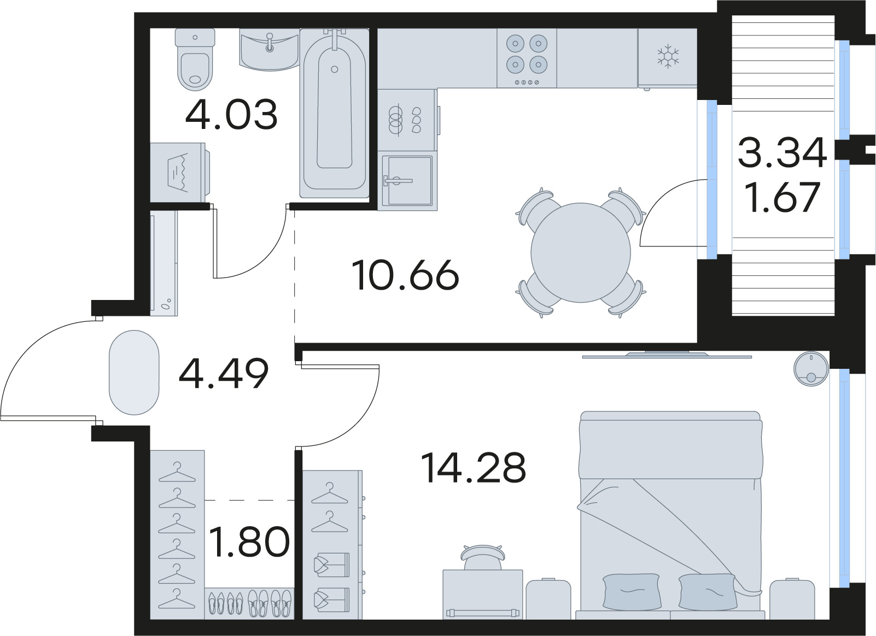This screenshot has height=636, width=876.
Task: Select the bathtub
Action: click(x=334, y=113)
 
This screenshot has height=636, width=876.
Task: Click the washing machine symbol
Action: click(x=178, y=173)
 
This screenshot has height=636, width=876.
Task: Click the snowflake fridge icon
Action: click(x=667, y=57)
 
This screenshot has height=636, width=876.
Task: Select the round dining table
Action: click(x=580, y=252)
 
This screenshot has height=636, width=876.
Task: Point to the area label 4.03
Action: click(x=231, y=115)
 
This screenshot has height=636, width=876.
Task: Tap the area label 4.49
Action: click(x=224, y=374)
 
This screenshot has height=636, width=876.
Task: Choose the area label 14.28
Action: click(x=473, y=468)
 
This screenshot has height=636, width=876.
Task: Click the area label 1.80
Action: click(x=249, y=542)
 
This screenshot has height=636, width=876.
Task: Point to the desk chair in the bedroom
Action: click(x=481, y=556)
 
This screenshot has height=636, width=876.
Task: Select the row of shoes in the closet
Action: click(x=250, y=603)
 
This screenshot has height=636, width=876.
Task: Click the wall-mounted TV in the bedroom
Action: click(x=667, y=355)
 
